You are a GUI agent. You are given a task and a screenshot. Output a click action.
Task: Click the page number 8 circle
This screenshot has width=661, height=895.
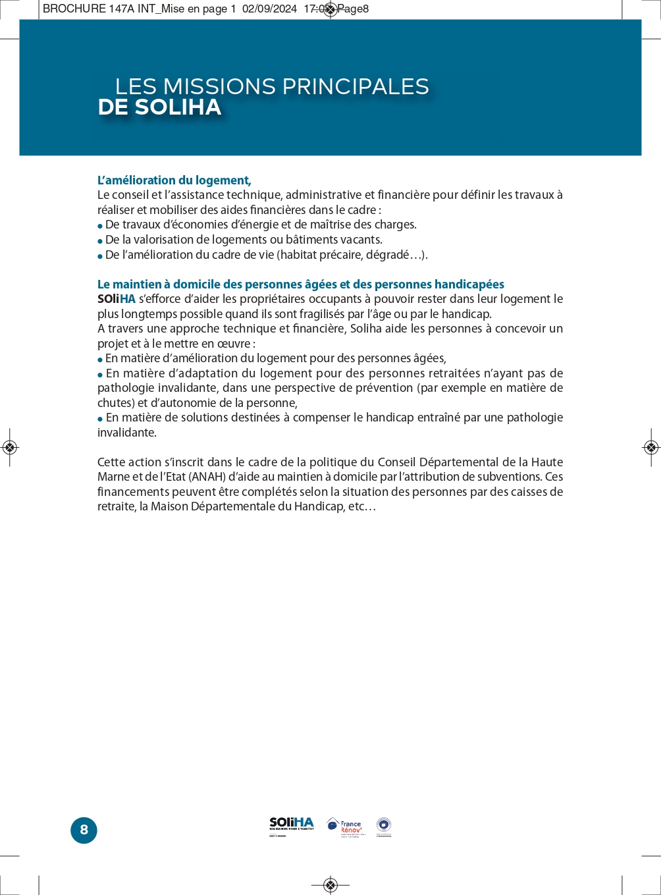(84, 830)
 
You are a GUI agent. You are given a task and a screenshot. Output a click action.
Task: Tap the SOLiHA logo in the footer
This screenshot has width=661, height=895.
(292, 826)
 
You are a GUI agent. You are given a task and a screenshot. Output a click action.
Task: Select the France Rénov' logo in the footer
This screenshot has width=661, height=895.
(344, 827)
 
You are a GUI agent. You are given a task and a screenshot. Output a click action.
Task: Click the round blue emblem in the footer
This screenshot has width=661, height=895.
(384, 826)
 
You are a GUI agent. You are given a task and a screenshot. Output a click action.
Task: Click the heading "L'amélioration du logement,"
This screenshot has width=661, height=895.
(174, 180)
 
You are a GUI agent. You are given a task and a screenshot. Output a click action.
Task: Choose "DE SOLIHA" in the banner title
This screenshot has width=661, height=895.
(159, 107)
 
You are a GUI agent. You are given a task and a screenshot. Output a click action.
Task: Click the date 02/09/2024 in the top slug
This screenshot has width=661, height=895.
(269, 9)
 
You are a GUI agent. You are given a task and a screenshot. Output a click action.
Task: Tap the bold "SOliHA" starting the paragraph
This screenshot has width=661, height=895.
(117, 299)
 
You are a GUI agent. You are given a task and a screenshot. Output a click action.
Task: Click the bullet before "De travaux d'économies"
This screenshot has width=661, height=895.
(100, 226)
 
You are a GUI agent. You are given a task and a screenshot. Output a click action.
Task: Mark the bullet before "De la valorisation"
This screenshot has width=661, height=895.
(100, 241)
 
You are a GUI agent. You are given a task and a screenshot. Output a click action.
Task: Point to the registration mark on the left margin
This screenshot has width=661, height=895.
(9, 448)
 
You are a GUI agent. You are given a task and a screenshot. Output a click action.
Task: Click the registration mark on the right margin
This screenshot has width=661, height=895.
(651, 448)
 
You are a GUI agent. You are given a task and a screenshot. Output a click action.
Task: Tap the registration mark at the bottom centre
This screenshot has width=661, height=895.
(330, 884)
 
